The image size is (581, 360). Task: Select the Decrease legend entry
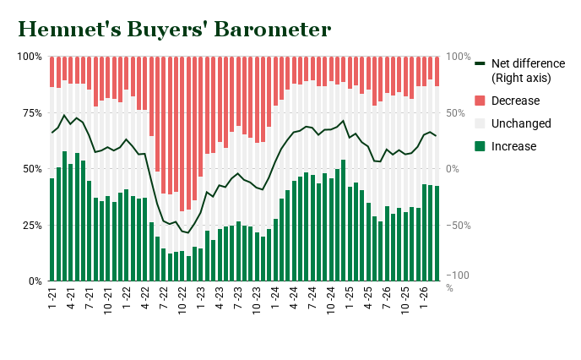(x=514, y=101)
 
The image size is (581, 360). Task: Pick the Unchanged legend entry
(x=520, y=124)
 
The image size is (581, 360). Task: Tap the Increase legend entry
(x=513, y=146)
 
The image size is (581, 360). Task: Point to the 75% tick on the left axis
(x=31, y=113)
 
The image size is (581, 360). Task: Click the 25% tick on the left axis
(x=31, y=226)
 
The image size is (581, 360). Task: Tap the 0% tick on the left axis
(x=34, y=281)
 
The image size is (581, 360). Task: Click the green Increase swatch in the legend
(x=481, y=146)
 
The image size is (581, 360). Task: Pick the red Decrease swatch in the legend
(x=481, y=101)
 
